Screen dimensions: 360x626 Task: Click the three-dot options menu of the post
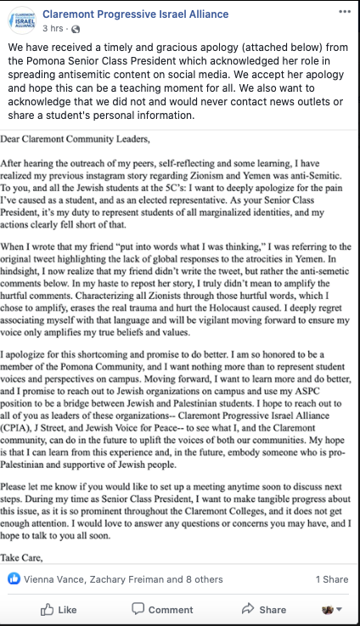pyautogui.click(x=342, y=13)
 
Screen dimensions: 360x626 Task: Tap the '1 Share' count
pyautogui.click(x=332, y=578)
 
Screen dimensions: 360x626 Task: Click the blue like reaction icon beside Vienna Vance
pyautogui.click(x=14, y=578)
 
